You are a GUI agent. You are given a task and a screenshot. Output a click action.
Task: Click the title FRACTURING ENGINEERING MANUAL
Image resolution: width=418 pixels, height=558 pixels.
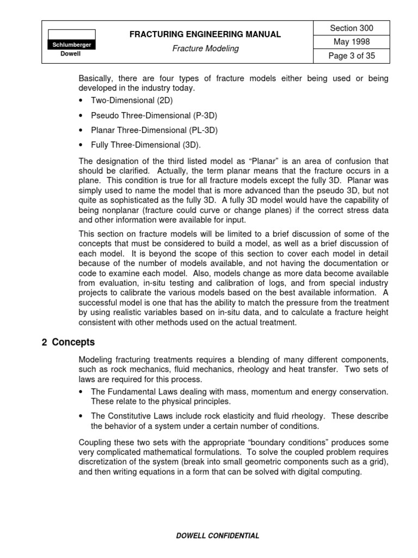click(x=205, y=34)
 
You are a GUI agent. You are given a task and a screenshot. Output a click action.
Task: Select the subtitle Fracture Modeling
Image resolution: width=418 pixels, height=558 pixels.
click(x=205, y=48)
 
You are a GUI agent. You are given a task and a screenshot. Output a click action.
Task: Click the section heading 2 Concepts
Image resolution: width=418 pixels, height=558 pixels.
click(x=68, y=343)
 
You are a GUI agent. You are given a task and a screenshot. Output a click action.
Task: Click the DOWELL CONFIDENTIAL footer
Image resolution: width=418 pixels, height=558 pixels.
click(x=218, y=536)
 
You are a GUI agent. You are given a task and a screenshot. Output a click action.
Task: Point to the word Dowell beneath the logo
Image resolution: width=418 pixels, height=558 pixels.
click(x=71, y=54)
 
